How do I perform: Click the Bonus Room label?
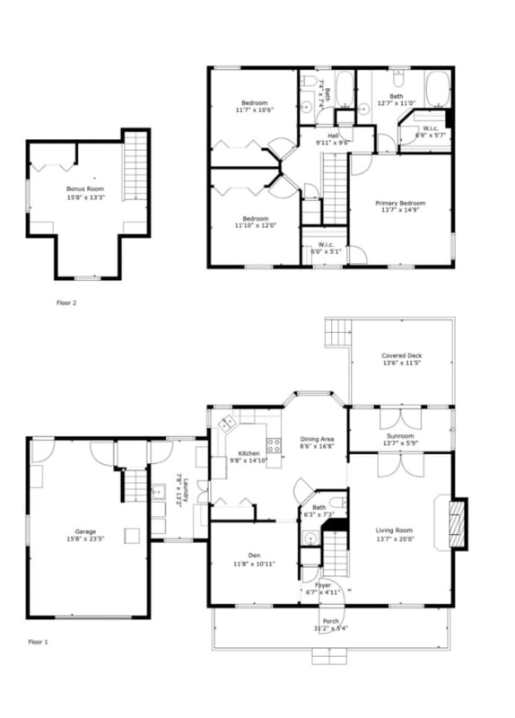tap(85, 189)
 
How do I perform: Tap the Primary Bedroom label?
tap(399, 204)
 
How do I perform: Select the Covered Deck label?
tap(401, 355)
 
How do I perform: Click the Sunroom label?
tap(400, 435)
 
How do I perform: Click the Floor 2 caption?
tap(66, 302)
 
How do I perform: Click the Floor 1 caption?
tap(39, 642)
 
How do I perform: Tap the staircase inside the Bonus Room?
tap(135, 166)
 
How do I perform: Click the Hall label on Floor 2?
tap(332, 136)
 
